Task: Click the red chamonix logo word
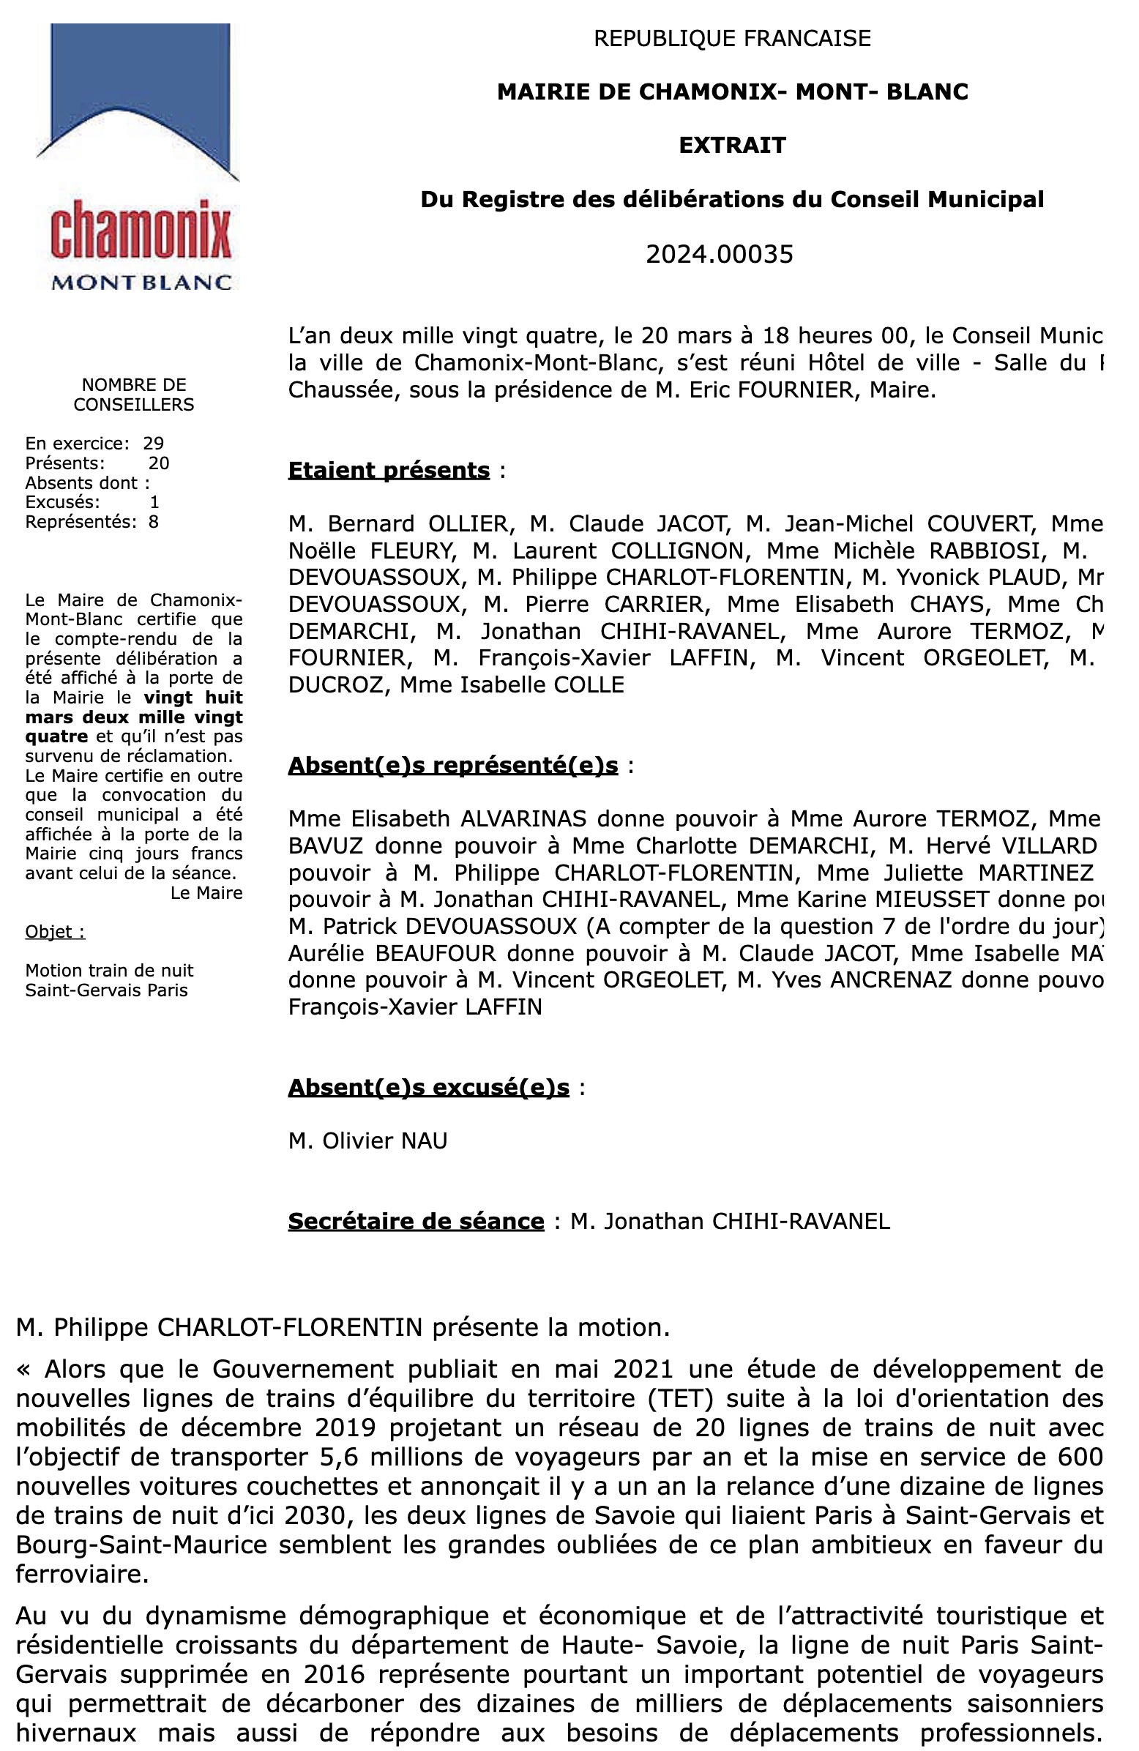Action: [x=141, y=234]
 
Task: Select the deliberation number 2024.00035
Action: [x=719, y=254]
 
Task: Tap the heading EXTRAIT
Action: [x=732, y=145]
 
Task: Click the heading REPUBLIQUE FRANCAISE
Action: [x=732, y=38]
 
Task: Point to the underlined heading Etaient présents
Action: [x=389, y=470]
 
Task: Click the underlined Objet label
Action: [x=54, y=931]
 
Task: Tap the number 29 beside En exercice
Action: [x=153, y=443]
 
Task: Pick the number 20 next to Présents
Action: [x=159, y=463]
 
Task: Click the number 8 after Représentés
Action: [x=154, y=522]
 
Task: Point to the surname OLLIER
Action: [x=468, y=524]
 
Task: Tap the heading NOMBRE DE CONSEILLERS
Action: [x=134, y=395]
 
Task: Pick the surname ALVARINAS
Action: [x=523, y=818]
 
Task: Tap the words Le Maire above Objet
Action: [x=206, y=892]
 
